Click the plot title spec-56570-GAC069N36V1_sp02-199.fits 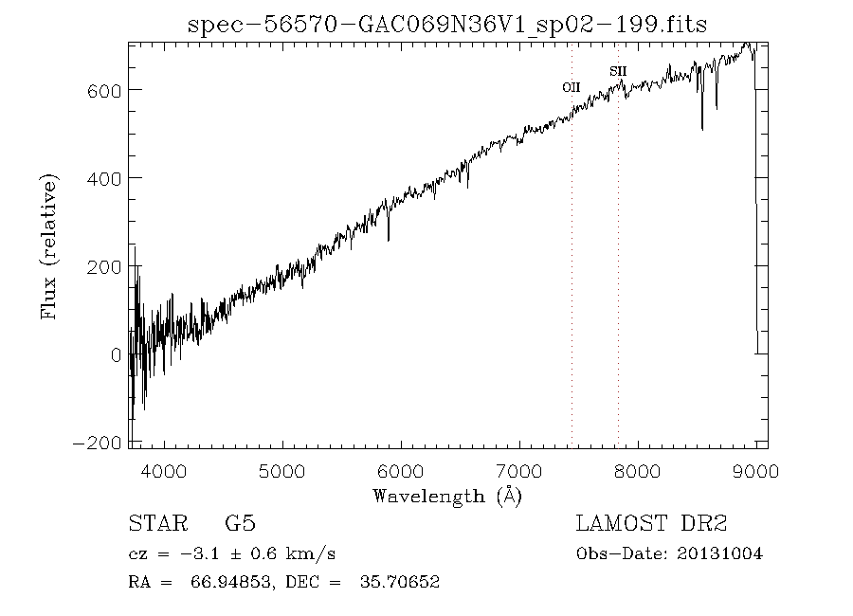[447, 24]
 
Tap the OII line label [571, 87]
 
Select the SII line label [618, 71]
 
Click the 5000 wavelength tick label [283, 470]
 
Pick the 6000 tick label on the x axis [402, 470]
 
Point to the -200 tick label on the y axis [97, 444]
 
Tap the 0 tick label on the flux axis [115, 355]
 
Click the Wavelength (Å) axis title [447, 496]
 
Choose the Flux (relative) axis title [48, 245]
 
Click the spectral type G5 [240, 524]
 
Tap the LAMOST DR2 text [651, 524]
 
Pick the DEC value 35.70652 [398, 582]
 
